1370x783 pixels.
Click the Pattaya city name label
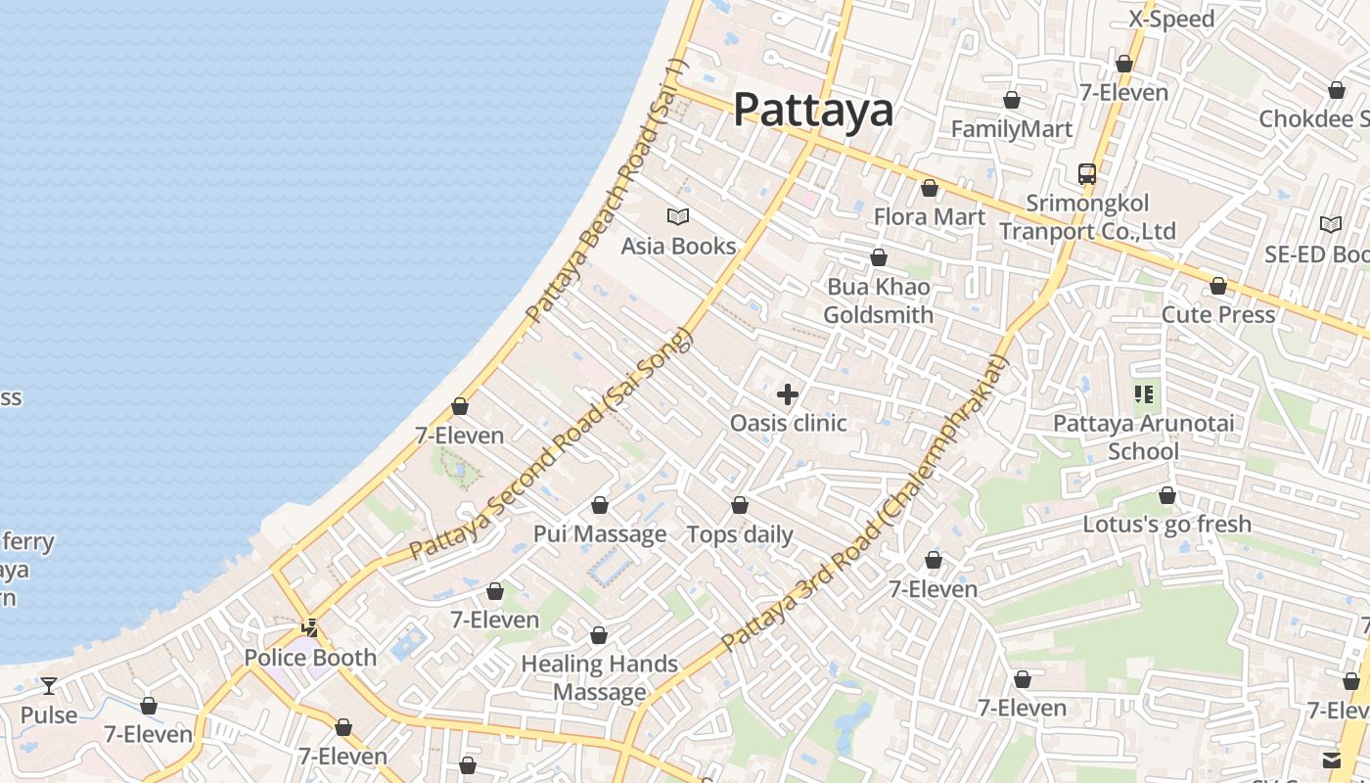point(813,110)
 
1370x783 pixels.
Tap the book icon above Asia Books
point(677,217)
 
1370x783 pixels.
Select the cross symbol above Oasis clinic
point(787,394)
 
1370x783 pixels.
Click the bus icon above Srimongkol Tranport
point(1086,174)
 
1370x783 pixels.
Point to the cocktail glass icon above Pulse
point(48,686)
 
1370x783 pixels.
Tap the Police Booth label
point(310,658)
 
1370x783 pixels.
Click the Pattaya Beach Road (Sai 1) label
point(608,192)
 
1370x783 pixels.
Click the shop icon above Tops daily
point(740,506)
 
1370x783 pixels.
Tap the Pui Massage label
point(599,534)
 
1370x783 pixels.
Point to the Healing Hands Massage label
point(599,677)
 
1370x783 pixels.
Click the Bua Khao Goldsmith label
point(878,300)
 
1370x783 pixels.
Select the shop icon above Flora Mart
point(929,188)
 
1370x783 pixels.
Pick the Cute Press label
point(1217,314)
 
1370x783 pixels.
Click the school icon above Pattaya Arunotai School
point(1143,394)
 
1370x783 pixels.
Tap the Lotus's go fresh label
point(1166,524)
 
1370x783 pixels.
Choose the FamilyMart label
point(1011,128)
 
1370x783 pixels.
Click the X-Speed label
point(1171,19)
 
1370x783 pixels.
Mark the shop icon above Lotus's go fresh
point(1166,496)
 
